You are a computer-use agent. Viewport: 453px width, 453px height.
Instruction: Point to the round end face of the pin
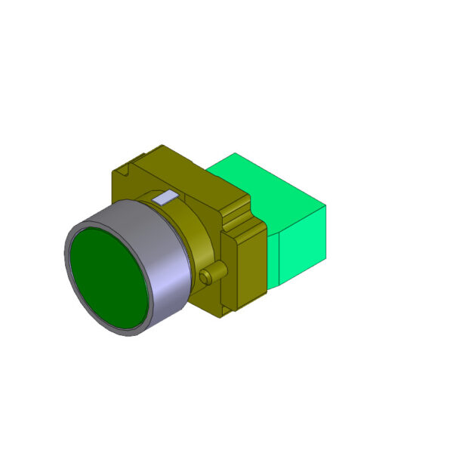(205, 278)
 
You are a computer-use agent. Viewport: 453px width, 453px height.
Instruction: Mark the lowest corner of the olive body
(223, 318)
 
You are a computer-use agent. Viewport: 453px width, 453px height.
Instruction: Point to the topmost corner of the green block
(235, 153)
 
